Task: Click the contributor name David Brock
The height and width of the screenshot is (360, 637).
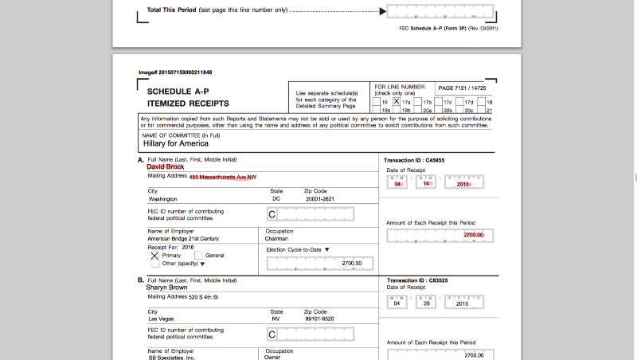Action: (165, 166)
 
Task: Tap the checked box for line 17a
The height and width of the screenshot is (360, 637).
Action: (396, 101)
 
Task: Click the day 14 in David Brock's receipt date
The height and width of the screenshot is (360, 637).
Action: (427, 183)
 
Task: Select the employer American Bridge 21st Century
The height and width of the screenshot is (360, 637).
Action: (184, 238)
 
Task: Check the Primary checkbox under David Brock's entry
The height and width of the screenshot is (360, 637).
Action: (154, 256)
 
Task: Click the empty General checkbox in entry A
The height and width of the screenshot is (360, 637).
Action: (198, 255)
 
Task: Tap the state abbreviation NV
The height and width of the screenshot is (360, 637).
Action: (276, 319)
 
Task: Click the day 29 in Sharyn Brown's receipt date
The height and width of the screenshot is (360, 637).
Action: (427, 303)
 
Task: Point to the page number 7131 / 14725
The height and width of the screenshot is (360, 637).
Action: (461, 87)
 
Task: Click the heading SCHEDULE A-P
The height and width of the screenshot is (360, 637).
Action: (177, 92)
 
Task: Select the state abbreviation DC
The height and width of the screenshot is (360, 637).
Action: (276, 198)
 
